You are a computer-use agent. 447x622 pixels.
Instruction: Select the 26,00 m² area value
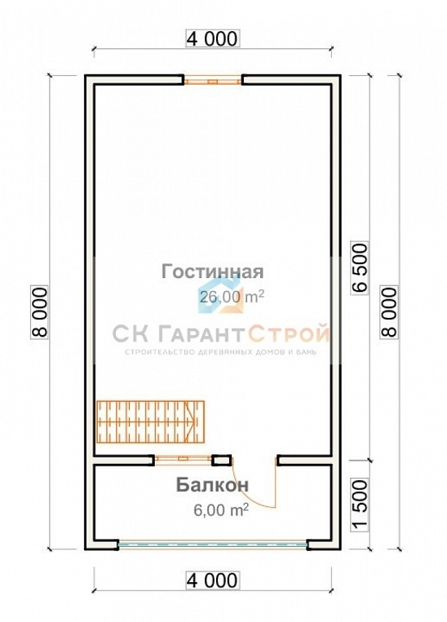point(231,297)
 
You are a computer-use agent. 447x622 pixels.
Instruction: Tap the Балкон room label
point(212,485)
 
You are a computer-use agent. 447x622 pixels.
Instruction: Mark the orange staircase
point(149,421)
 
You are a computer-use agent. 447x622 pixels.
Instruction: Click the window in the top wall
point(212,81)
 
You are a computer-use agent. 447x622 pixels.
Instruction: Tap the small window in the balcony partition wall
point(183,461)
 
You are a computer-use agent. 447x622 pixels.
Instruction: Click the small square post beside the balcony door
point(220,461)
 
